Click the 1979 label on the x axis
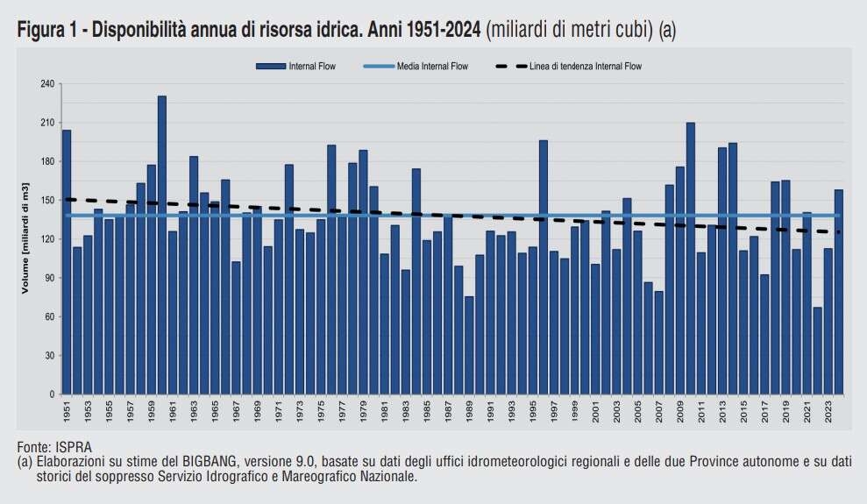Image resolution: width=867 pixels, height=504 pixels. (363, 411)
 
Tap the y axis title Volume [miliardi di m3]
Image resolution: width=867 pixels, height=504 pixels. (26, 239)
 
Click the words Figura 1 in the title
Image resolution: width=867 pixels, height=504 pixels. (46, 30)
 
